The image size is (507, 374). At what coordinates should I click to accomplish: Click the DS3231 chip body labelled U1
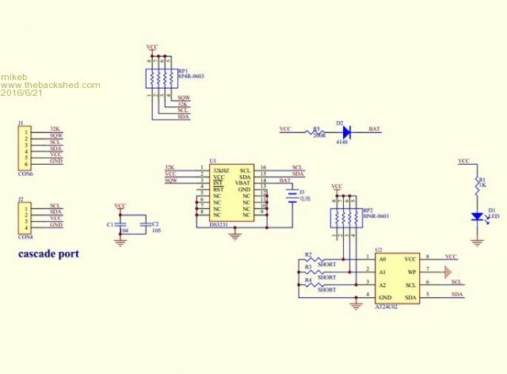[232, 193]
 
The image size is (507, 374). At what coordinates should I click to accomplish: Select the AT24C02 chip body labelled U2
[398, 277]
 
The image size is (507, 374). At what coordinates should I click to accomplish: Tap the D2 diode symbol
[346, 129]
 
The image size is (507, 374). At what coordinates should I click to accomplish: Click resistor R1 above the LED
[477, 185]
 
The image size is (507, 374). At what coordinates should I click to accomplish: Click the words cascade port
[48, 254]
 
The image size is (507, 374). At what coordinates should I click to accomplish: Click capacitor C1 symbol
[120, 225]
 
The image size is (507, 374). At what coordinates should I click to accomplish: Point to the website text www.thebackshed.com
[51, 85]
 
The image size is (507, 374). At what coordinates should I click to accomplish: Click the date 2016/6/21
[23, 93]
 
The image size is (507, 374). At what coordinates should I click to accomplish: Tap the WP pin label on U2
[410, 271]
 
